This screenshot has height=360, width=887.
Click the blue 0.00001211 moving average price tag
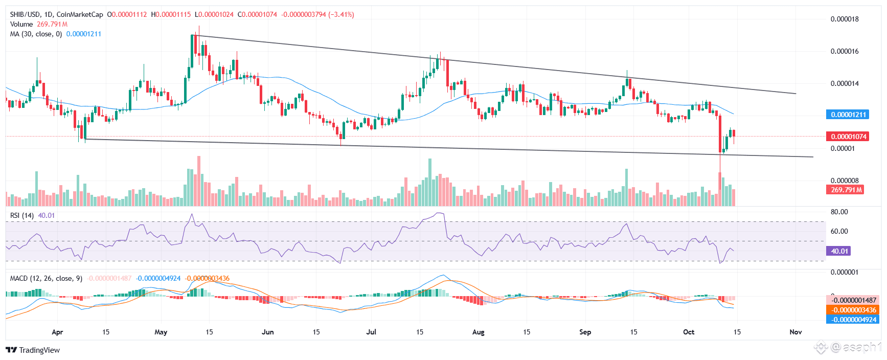(848, 115)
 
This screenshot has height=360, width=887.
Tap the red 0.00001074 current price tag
(848, 137)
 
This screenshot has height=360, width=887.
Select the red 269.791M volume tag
(845, 190)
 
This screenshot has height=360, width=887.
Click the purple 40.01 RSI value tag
(839, 251)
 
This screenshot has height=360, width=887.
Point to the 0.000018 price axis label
(844, 19)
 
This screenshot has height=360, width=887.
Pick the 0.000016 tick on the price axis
(844, 51)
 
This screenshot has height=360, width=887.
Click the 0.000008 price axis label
(844, 181)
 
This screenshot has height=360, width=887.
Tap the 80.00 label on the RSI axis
(839, 212)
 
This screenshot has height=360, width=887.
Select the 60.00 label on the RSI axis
(839, 231)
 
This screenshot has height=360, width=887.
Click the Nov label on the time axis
(795, 332)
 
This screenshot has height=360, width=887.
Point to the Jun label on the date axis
(267, 332)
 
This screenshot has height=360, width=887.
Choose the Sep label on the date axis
(585, 332)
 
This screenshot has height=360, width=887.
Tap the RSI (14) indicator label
(22, 215)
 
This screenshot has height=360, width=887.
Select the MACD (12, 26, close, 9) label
(46, 278)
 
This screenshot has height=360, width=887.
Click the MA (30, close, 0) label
(36, 34)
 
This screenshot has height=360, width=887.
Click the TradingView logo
(33, 350)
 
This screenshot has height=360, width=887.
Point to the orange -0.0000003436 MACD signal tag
(852, 310)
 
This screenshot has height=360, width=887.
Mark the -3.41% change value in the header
(342, 14)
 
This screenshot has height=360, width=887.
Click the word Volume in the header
(21, 24)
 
